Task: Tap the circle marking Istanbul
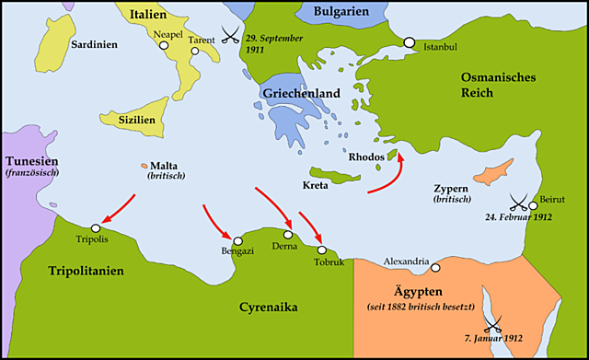tap(409, 43)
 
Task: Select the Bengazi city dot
tap(237, 240)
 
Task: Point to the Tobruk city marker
tap(321, 250)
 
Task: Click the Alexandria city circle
tap(436, 268)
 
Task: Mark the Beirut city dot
tap(534, 205)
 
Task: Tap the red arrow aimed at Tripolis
tap(118, 210)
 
